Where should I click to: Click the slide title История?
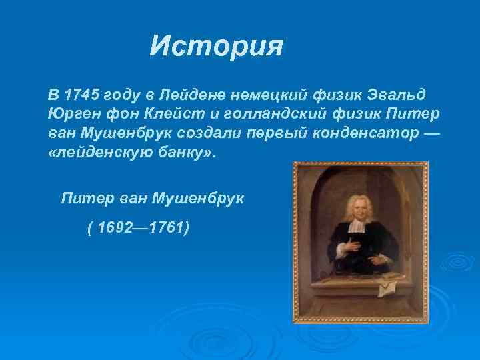click(217, 47)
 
